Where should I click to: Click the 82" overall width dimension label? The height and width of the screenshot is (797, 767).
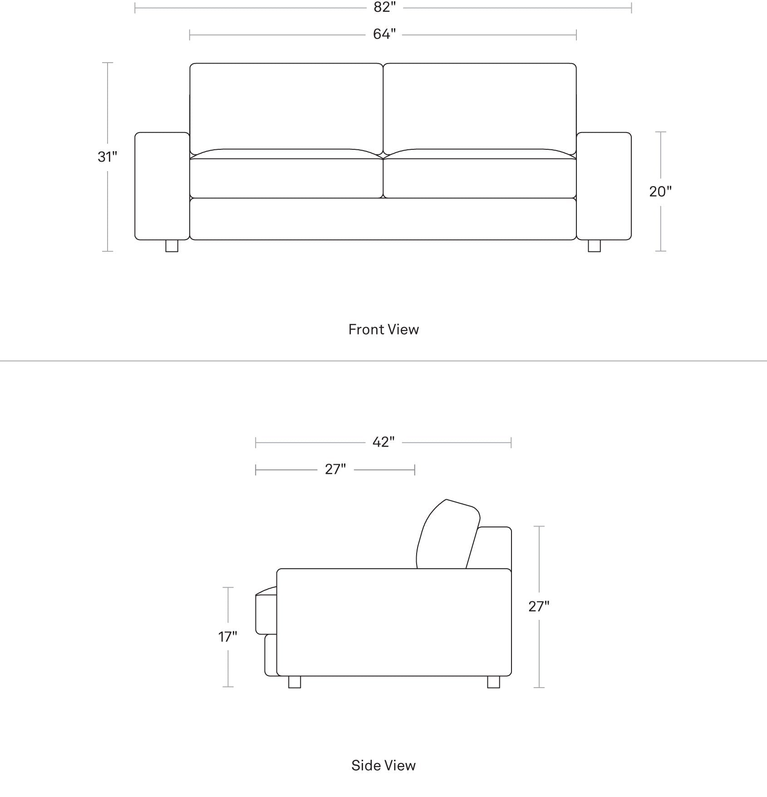tap(384, 8)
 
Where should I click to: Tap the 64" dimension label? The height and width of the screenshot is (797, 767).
tap(384, 34)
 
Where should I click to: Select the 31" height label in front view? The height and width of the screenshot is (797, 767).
tap(108, 157)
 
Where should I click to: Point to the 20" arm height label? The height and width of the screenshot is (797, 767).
tap(660, 192)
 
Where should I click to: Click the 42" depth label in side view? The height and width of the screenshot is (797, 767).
tap(383, 442)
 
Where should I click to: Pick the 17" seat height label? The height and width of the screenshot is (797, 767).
tap(228, 637)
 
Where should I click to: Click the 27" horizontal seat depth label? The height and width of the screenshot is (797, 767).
tap(335, 469)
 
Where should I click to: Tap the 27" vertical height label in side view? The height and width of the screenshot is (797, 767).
tap(539, 606)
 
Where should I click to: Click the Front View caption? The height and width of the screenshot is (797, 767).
tap(383, 330)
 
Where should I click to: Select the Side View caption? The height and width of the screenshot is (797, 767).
tap(383, 765)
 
